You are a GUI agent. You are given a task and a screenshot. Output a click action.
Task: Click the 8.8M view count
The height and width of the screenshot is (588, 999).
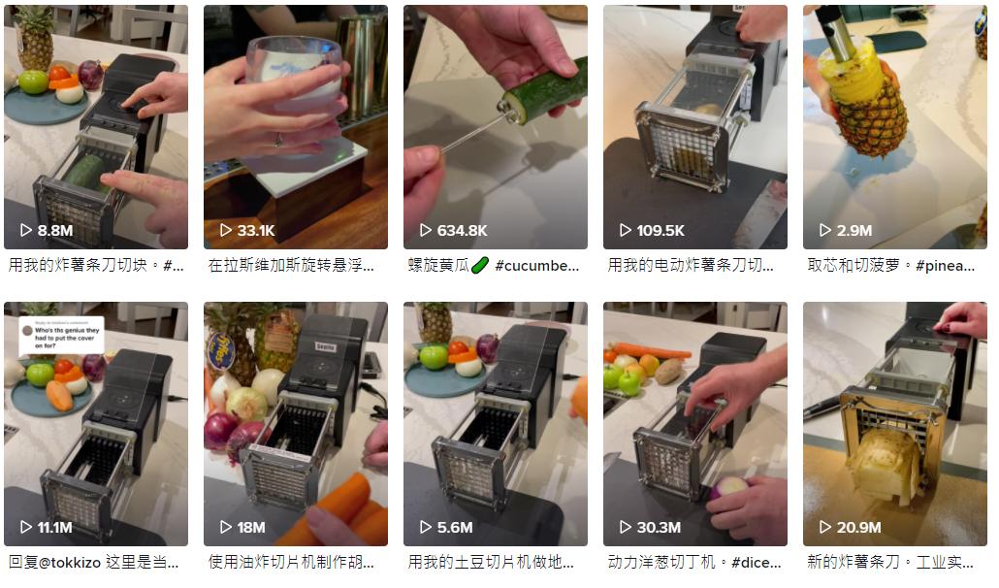point(55,231)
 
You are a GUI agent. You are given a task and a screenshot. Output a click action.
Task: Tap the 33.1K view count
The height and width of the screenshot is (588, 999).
point(256,231)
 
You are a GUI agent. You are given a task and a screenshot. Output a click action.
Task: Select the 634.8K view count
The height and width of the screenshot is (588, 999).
point(462,231)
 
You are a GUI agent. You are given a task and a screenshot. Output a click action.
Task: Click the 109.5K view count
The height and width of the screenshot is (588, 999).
point(660,231)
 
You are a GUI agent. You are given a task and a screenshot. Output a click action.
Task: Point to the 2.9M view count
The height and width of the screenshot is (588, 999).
point(854,231)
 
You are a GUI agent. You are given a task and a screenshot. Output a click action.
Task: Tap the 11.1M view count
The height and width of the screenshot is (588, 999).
point(55,528)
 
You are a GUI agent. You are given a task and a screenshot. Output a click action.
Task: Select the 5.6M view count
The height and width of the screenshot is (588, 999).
point(455,528)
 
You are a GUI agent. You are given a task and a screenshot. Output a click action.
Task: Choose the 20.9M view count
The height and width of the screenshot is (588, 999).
point(859,528)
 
